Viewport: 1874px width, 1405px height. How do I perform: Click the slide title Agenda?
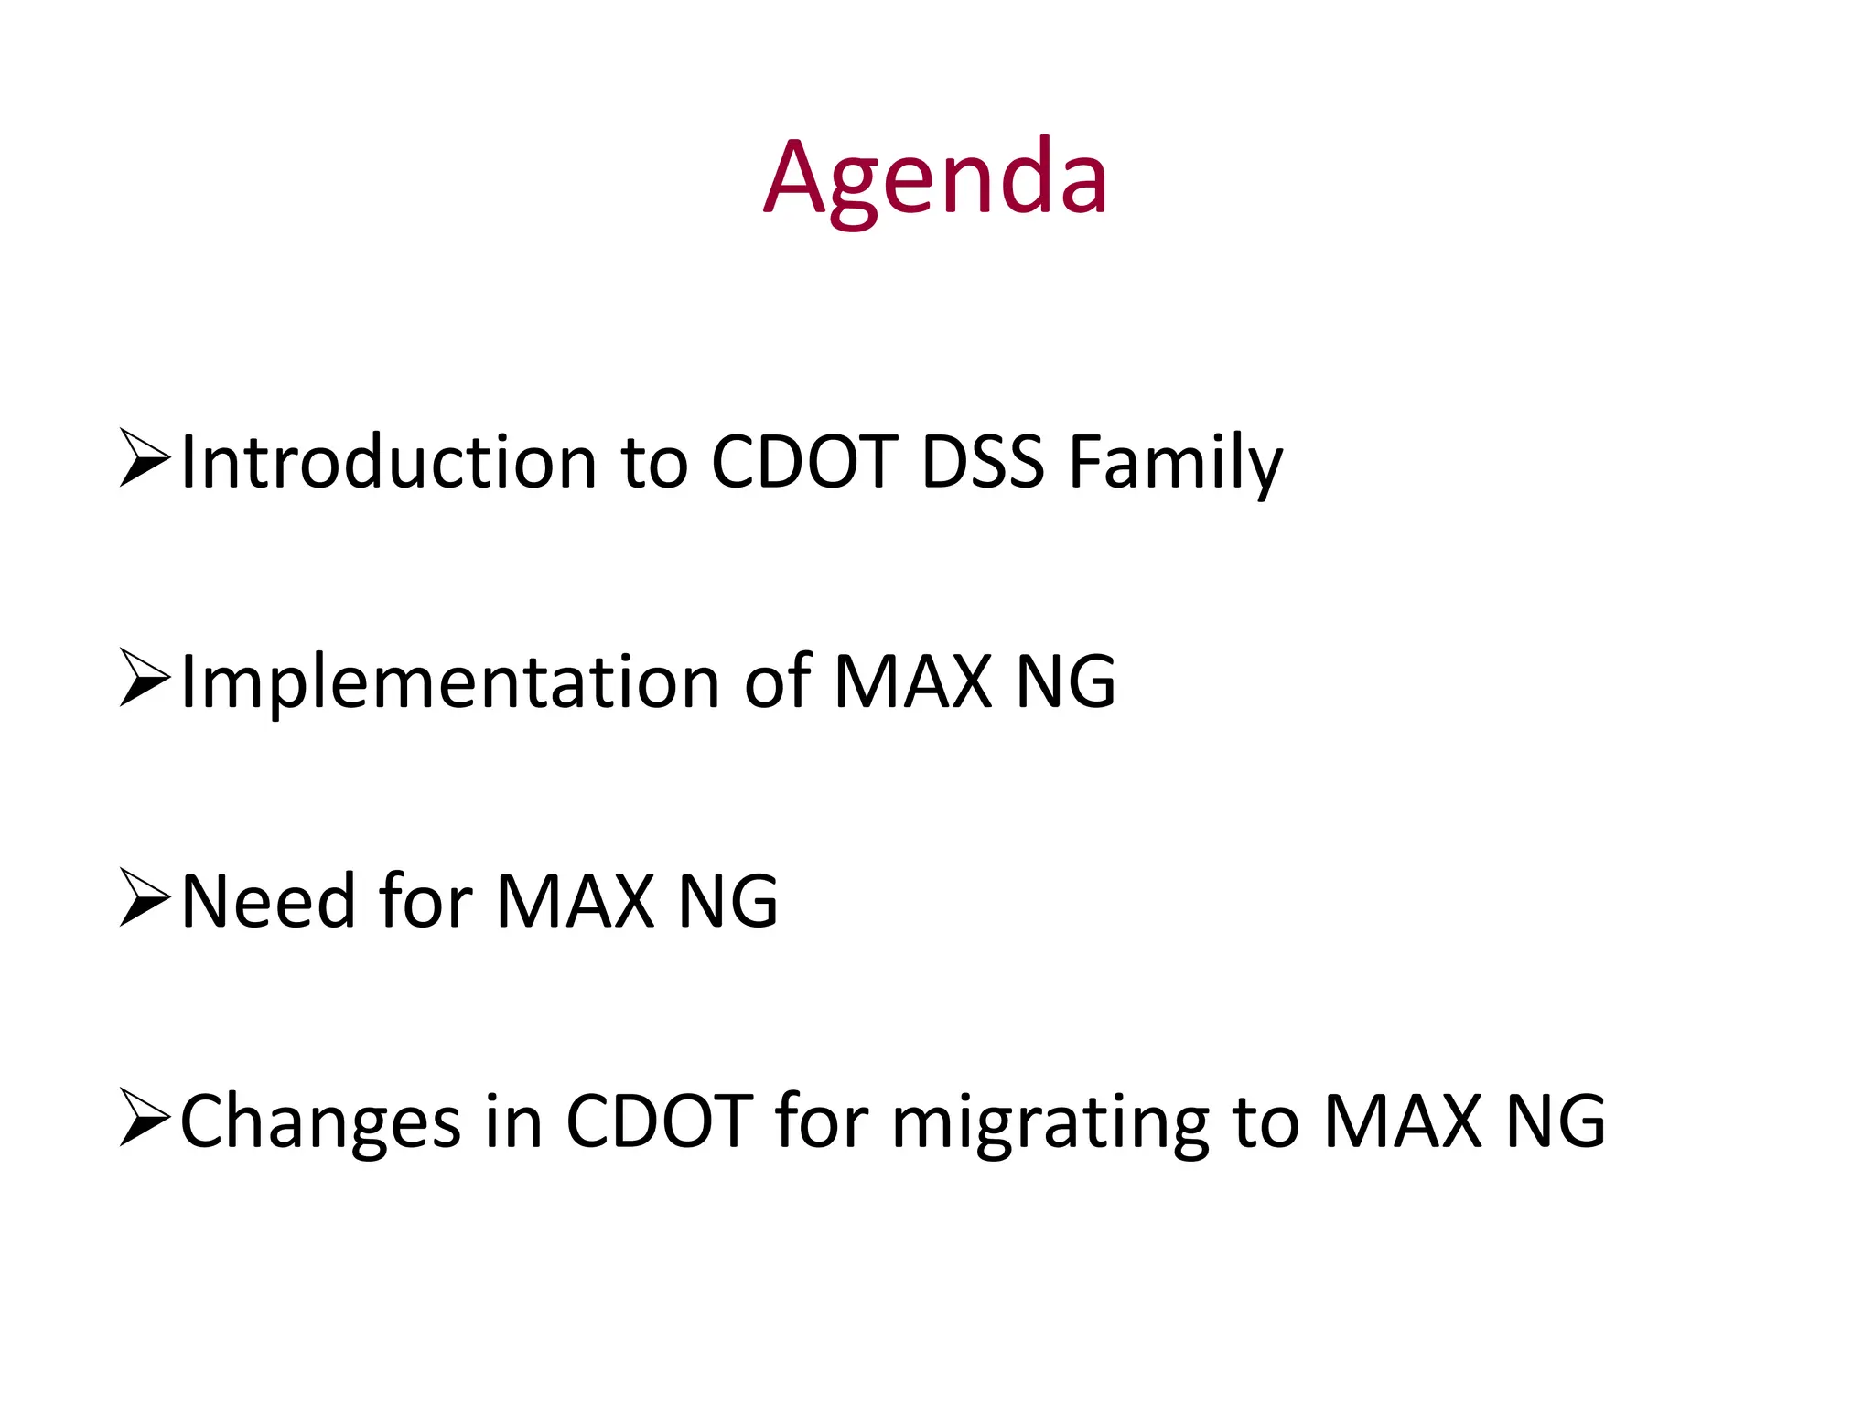click(x=935, y=178)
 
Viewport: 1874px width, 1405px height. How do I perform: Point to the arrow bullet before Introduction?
click(x=145, y=457)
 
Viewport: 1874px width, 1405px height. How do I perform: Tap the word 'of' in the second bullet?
click(x=777, y=681)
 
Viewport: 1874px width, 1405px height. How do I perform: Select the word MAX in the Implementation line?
click(x=913, y=681)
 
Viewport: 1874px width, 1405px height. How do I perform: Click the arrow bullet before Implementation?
click(x=145, y=678)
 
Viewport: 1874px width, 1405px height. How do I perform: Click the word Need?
click(x=267, y=902)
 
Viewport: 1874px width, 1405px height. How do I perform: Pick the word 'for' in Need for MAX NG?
click(x=425, y=902)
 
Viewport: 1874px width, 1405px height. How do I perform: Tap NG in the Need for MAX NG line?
click(x=727, y=902)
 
